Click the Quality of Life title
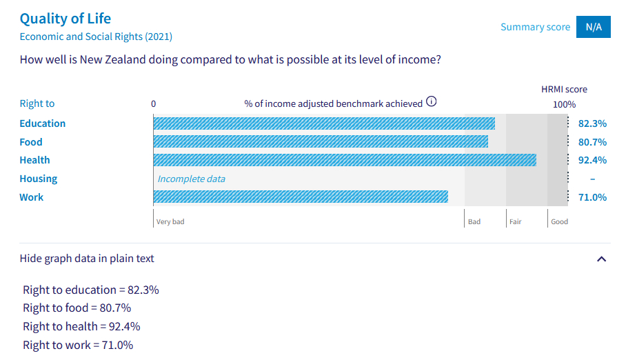[x=65, y=19]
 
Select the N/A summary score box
[x=593, y=27]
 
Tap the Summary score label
[x=535, y=27]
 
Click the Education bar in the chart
[x=323, y=123]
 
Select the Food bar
[x=320, y=142]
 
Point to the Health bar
[x=344, y=160]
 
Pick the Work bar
[x=300, y=197]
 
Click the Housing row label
[x=39, y=179]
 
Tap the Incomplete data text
[x=191, y=179]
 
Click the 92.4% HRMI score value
[x=592, y=160]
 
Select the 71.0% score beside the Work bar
[x=592, y=197]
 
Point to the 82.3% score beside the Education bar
[x=592, y=123]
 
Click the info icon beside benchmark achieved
[x=432, y=102]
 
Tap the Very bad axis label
[x=170, y=222]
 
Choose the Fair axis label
[x=516, y=222]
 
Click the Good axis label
[x=559, y=222]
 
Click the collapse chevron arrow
[x=601, y=259]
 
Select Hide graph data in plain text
[x=87, y=259]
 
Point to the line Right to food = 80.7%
[x=77, y=308]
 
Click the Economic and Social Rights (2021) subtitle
[x=96, y=37]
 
